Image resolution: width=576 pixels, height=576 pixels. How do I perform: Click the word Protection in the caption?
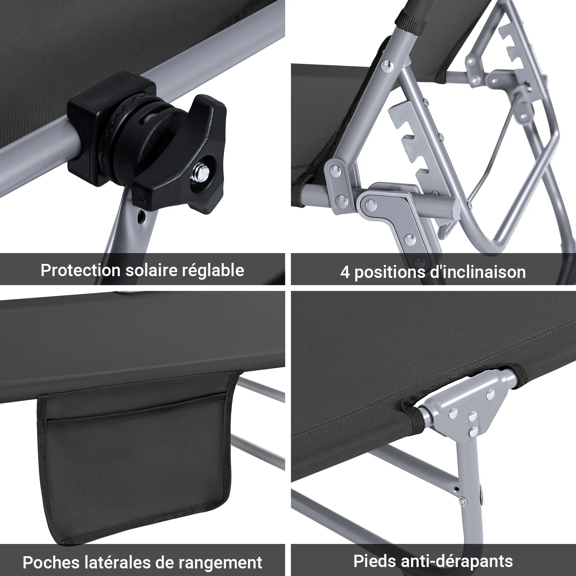click(x=81, y=270)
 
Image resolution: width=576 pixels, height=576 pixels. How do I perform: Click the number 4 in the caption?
click(x=345, y=273)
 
